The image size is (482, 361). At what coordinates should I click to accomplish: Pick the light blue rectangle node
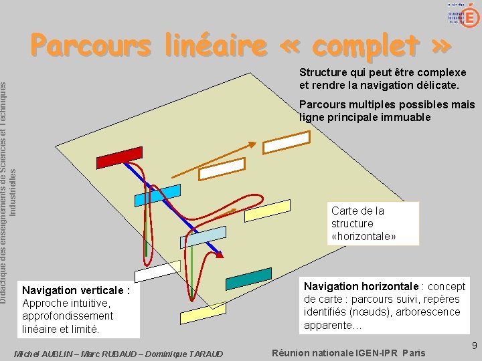click(204, 237)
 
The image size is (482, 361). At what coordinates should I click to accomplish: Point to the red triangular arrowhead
click(220, 255)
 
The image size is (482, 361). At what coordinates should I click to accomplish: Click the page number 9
click(474, 346)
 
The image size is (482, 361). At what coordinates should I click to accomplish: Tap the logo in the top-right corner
click(463, 14)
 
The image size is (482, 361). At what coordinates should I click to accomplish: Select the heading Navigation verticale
click(76, 291)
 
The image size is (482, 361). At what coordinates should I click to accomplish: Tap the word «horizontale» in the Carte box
click(364, 237)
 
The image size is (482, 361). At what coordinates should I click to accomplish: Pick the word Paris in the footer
click(414, 353)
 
